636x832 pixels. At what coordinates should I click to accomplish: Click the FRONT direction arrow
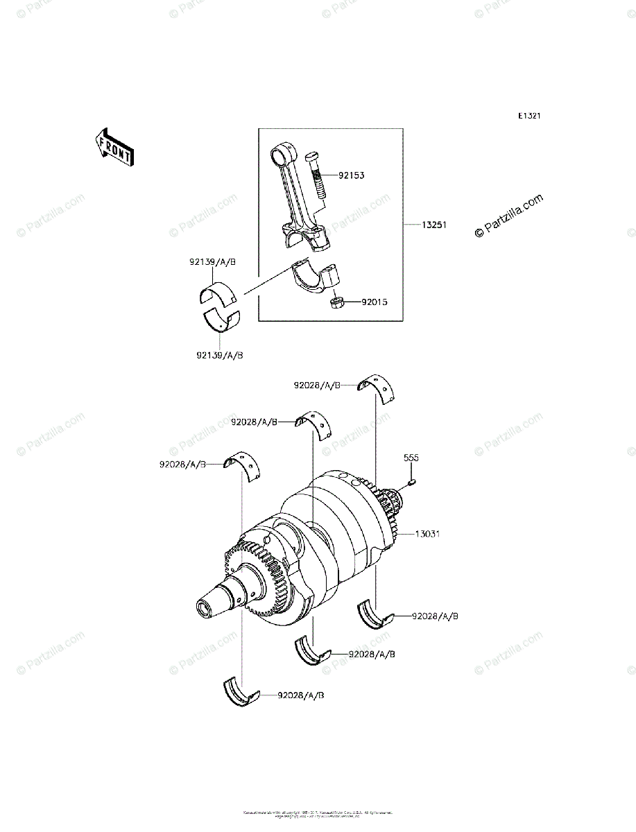[x=114, y=147]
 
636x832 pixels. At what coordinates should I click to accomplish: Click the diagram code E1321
[x=528, y=116]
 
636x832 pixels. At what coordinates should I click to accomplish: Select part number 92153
[x=352, y=175]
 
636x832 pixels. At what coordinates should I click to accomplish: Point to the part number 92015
[x=374, y=302]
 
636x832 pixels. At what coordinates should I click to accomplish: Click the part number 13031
[x=427, y=535]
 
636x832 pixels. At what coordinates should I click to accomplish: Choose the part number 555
[x=412, y=458]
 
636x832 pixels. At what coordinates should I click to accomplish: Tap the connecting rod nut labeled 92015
[x=338, y=303]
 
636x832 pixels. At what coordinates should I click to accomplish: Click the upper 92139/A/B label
[x=212, y=262]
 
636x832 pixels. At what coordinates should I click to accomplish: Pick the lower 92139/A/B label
[x=219, y=355]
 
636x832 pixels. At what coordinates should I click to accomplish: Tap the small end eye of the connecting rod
[x=282, y=150]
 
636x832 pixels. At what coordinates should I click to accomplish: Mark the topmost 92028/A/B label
[x=318, y=385]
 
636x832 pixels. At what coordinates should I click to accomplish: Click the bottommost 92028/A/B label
[x=301, y=695]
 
